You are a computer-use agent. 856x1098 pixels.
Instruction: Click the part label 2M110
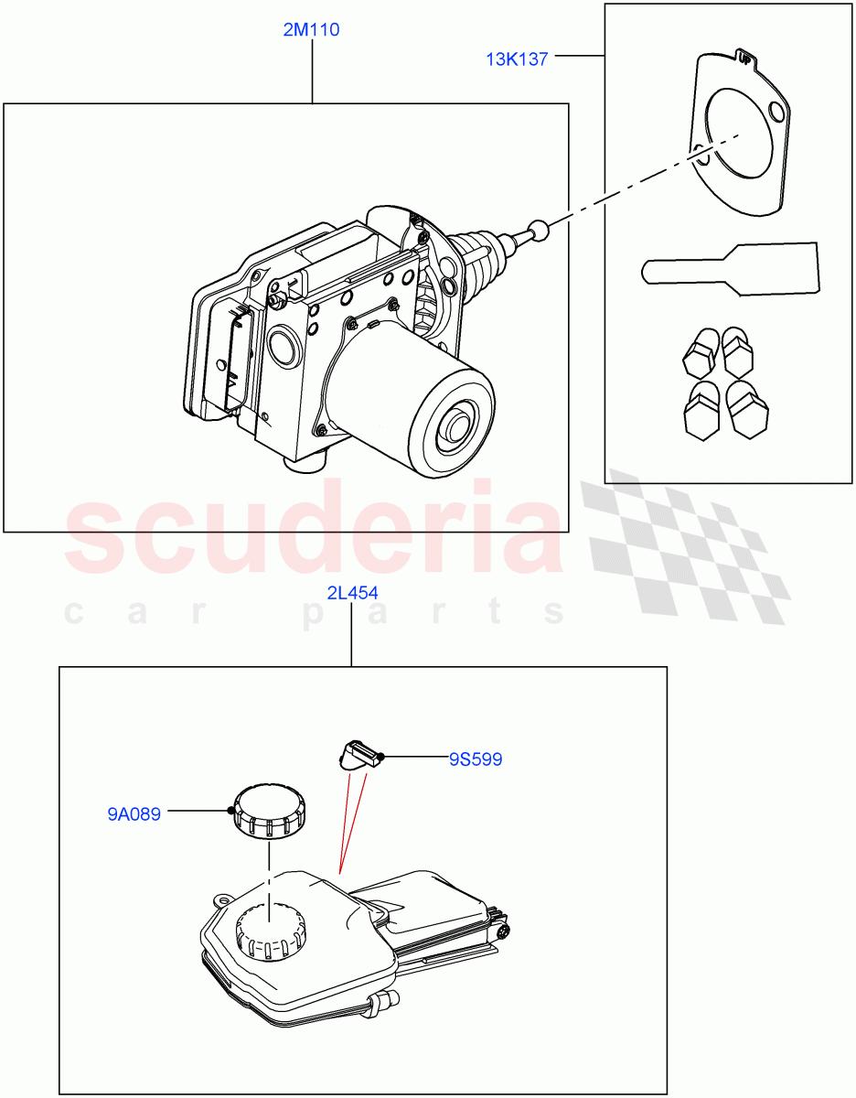point(311,30)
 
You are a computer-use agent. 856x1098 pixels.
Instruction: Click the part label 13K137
point(517,59)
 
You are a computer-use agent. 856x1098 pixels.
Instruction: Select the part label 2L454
point(352,593)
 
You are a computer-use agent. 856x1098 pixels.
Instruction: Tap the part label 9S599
point(476,759)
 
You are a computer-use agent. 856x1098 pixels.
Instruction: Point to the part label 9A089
point(134,813)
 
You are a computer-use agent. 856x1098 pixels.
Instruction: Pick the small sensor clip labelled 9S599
point(359,755)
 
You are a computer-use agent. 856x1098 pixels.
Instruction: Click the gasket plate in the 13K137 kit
point(739,137)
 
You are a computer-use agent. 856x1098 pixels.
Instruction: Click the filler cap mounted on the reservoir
point(271,933)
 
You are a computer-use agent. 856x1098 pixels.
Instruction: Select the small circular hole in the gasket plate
point(777,113)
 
